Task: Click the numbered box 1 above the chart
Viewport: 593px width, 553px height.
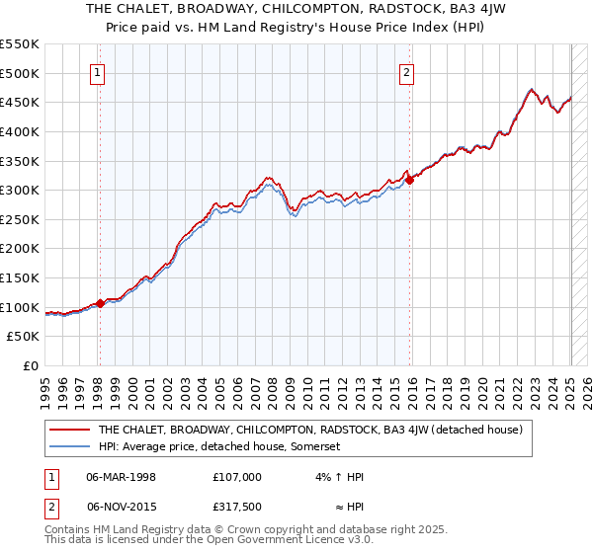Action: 99,71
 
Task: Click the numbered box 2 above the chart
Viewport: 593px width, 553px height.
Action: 407,71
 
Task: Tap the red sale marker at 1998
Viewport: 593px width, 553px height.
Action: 100,303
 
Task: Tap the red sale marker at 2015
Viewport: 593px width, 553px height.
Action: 409,180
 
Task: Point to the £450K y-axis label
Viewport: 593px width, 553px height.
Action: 20,102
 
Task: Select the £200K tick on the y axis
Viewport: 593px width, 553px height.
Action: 20,248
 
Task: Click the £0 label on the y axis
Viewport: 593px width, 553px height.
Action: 30,365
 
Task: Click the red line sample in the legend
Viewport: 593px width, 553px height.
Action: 68,430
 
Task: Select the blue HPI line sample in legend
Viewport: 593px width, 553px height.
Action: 68,446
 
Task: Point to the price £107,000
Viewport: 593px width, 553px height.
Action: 236,476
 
